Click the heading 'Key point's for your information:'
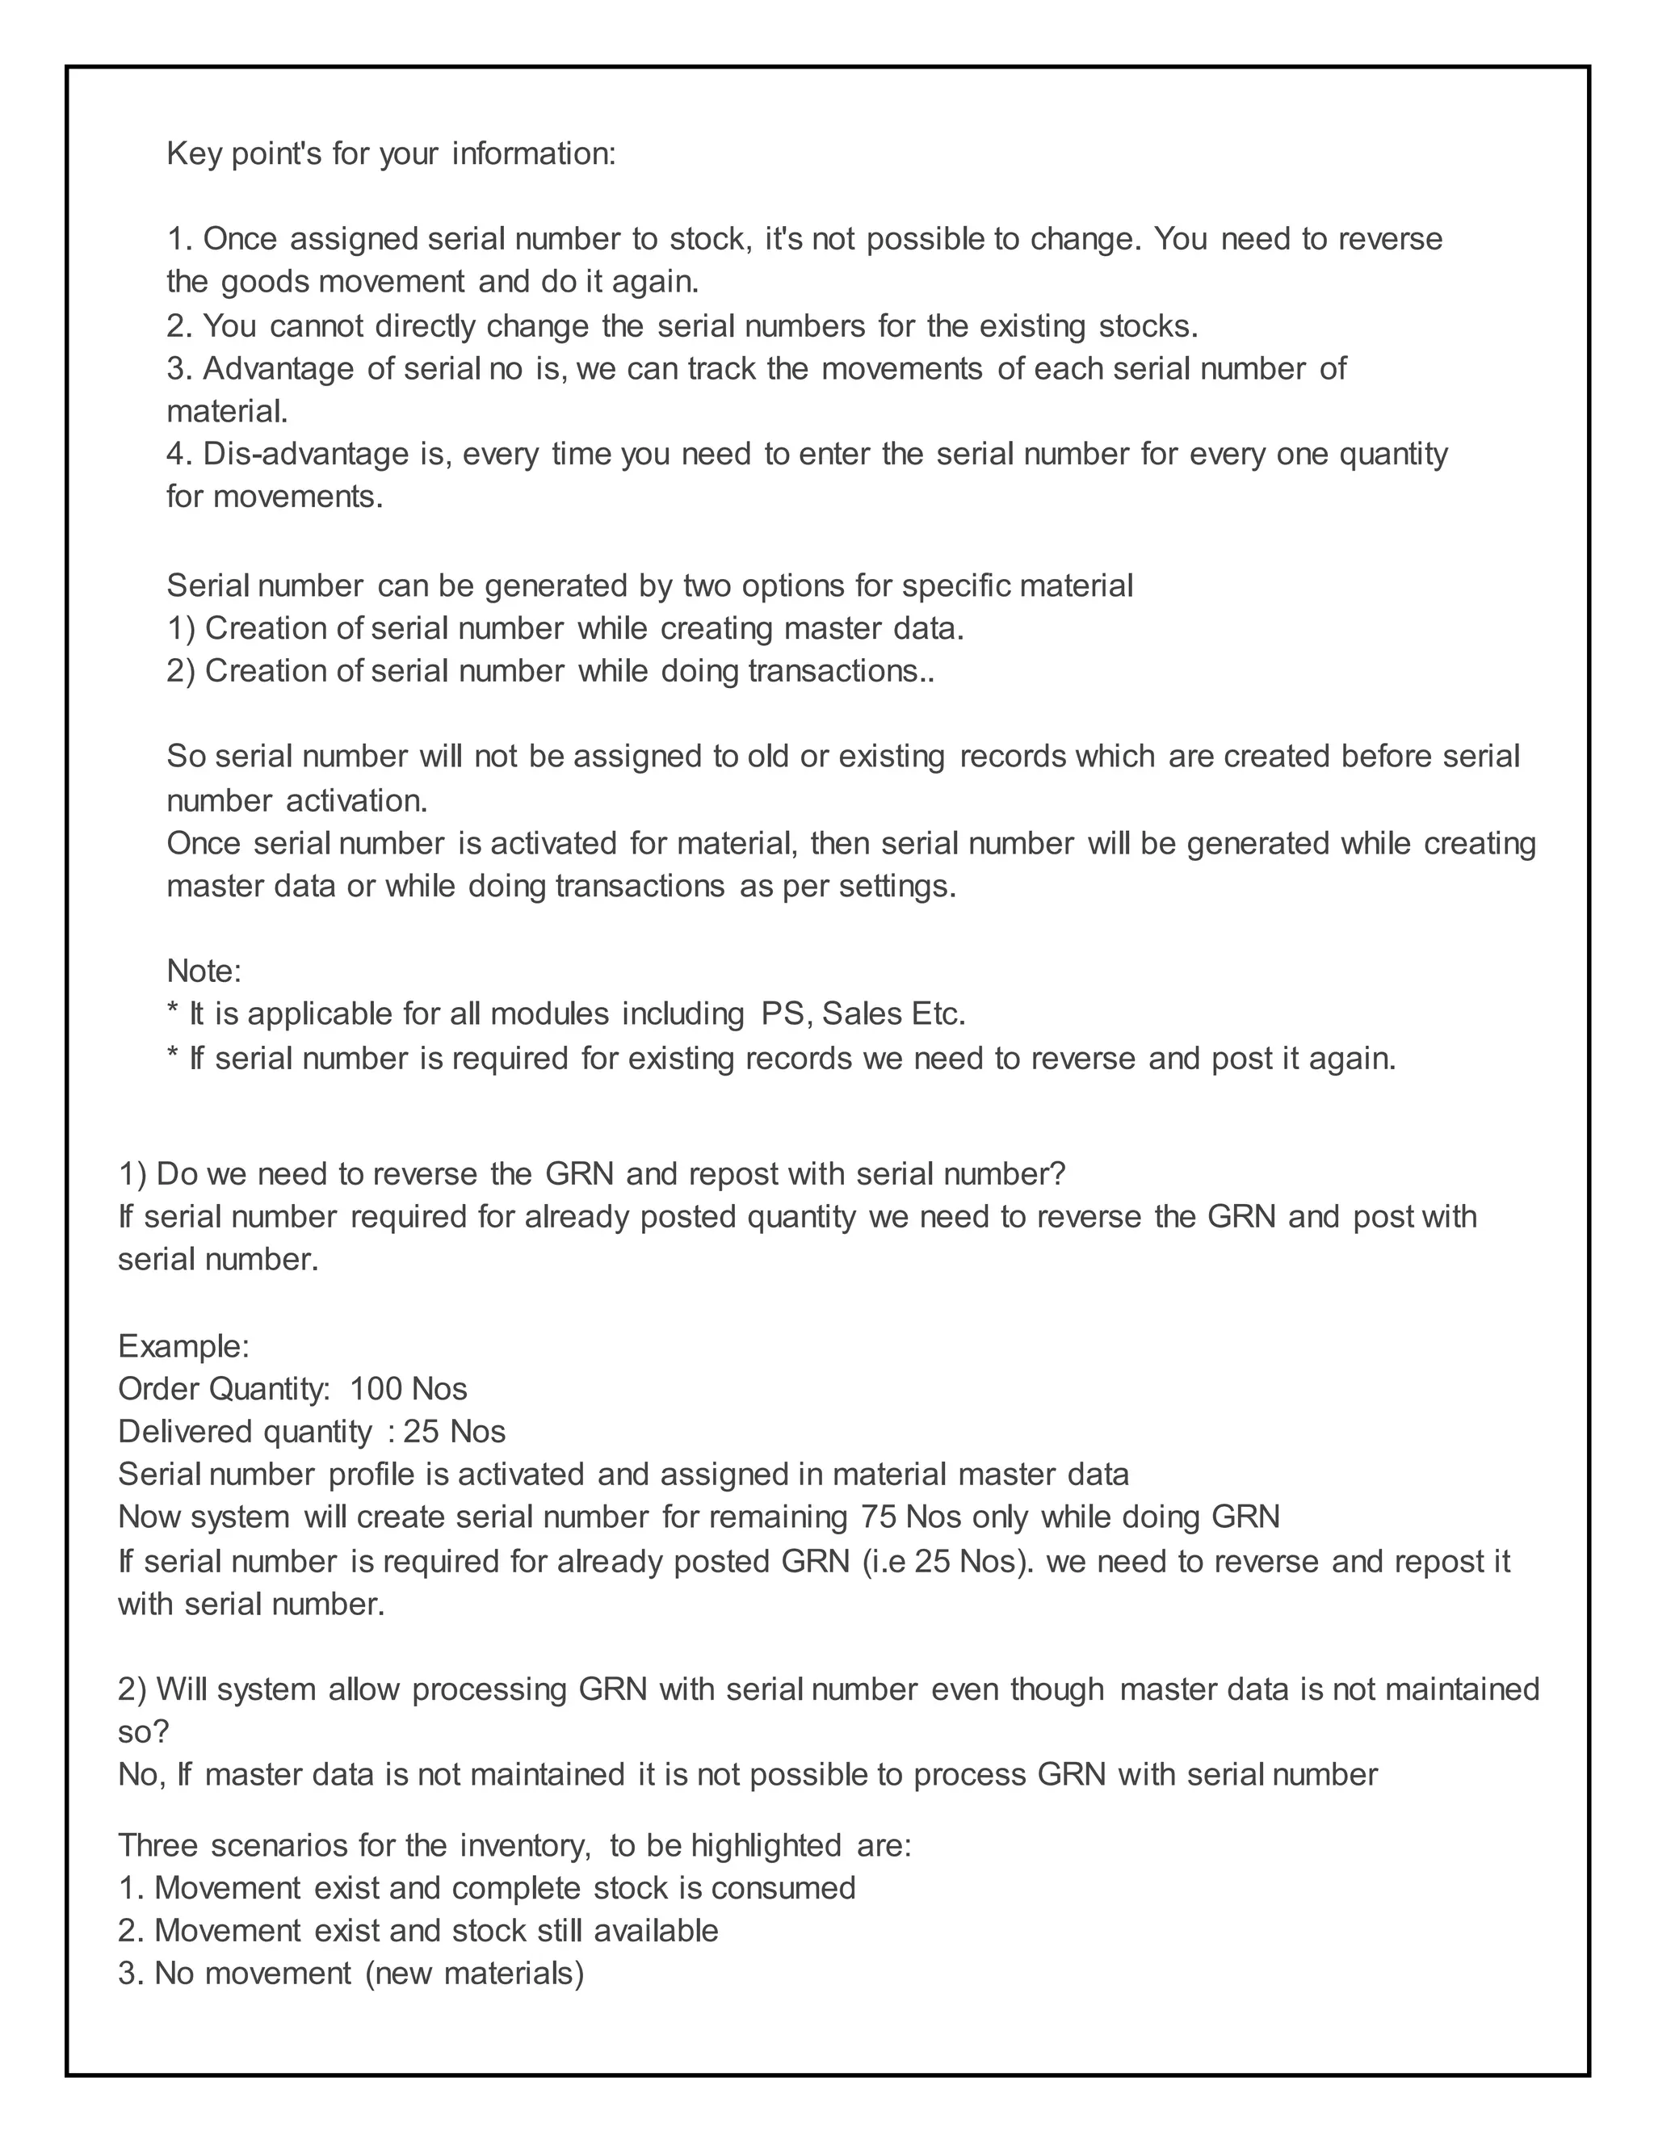[391, 153]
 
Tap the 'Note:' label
[204, 970]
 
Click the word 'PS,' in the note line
[787, 1013]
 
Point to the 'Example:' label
[183, 1345]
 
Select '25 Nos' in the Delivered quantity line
[455, 1432]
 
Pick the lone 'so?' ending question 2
[143, 1731]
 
